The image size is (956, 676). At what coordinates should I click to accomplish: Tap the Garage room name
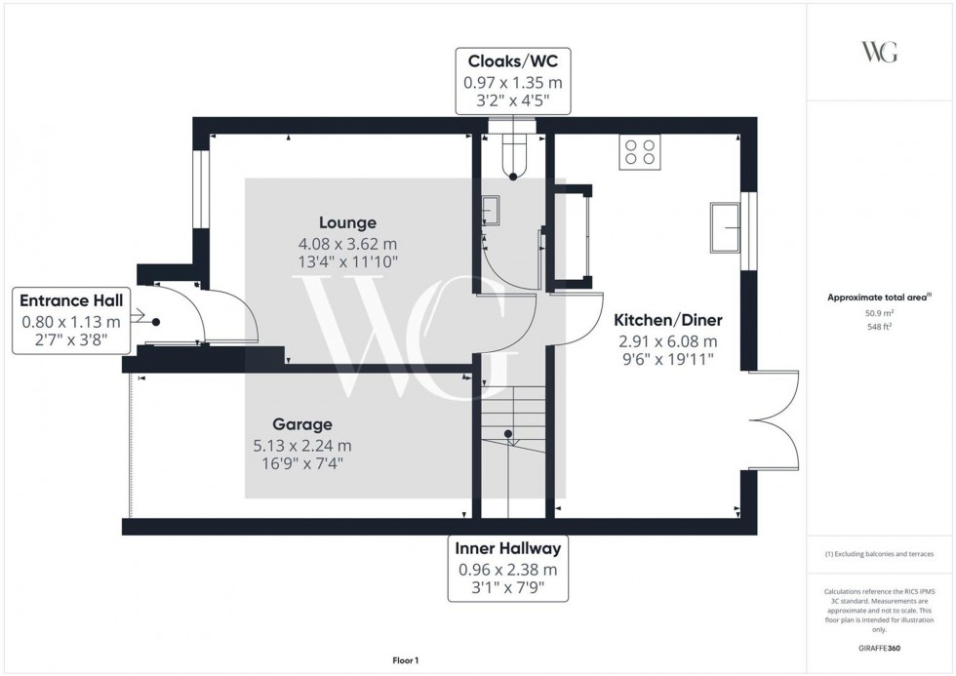[x=301, y=424]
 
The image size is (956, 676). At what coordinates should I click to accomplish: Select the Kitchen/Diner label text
[x=667, y=320]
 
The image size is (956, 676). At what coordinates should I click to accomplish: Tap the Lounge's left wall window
[x=200, y=188]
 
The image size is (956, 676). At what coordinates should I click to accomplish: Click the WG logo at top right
[x=880, y=53]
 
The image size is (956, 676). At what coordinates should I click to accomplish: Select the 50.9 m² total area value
[x=880, y=314]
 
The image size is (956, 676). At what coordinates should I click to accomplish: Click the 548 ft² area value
[x=880, y=328]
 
